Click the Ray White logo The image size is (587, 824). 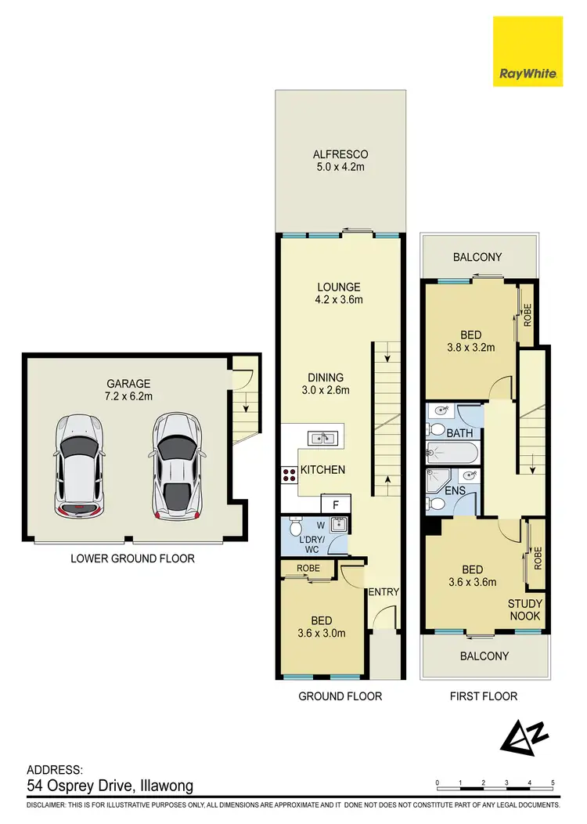528,52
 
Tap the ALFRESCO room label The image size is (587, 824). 340,154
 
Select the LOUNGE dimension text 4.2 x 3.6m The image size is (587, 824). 339,299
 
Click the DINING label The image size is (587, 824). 326,378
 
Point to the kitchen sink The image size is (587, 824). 322,438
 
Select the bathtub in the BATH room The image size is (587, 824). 451,453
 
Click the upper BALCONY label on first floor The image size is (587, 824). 477,257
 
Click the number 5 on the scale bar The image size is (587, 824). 553,782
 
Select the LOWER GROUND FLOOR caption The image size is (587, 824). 132,558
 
